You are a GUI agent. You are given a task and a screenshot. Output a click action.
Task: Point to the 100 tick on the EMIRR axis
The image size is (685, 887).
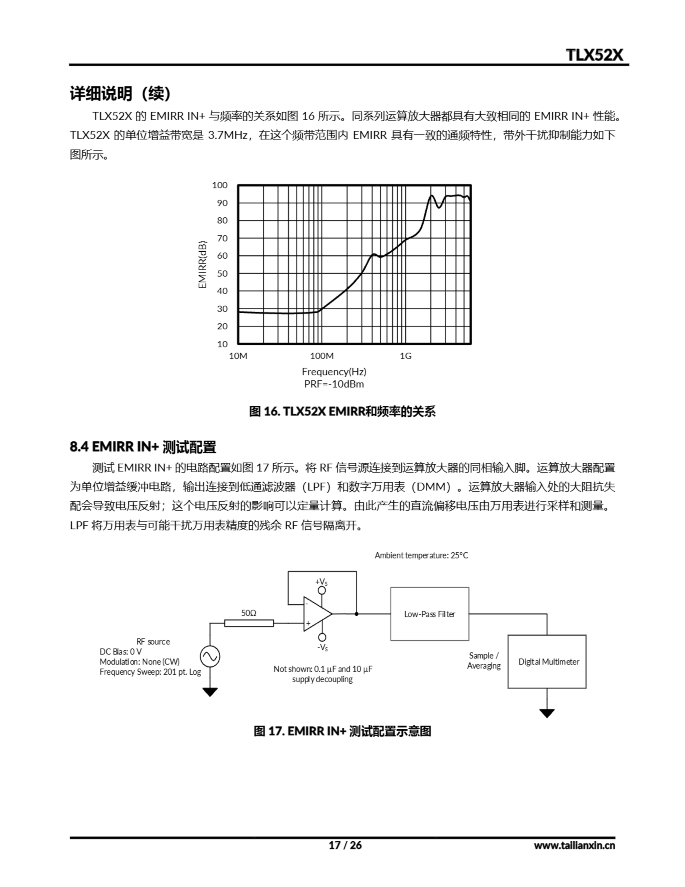click(x=220, y=185)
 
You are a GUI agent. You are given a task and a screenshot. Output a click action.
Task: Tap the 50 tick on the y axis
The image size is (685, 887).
click(x=222, y=273)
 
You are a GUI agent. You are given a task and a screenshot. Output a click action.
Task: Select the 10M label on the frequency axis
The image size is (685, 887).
click(x=238, y=356)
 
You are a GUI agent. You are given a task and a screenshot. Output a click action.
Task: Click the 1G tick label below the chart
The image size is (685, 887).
click(x=405, y=356)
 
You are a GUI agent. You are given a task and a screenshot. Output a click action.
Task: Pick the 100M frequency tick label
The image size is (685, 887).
click(x=322, y=356)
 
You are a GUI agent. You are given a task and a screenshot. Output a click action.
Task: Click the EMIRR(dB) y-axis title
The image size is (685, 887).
click(x=202, y=265)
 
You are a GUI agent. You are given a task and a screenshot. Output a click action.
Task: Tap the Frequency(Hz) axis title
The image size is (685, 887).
click(x=334, y=372)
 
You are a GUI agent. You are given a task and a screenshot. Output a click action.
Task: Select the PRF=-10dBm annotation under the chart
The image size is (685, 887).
click(x=334, y=384)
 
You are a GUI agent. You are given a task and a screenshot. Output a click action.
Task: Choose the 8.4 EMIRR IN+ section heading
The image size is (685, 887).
click(x=143, y=447)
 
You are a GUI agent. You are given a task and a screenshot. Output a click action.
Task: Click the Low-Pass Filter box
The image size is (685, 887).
click(x=430, y=614)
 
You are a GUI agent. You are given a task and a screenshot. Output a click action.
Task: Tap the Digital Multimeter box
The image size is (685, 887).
click(x=547, y=661)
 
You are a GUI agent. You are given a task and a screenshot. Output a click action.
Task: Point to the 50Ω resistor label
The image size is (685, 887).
click(x=249, y=613)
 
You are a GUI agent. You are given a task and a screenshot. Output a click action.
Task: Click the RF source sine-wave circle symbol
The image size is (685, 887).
click(x=210, y=656)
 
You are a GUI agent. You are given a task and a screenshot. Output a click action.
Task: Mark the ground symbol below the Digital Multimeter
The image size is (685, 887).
click(x=547, y=713)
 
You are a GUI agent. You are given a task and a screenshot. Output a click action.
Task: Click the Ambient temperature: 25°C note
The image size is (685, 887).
click(x=421, y=555)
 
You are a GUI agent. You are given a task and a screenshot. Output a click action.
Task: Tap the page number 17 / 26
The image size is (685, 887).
click(x=345, y=845)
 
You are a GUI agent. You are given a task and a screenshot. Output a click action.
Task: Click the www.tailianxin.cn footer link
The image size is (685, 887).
click(x=574, y=845)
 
